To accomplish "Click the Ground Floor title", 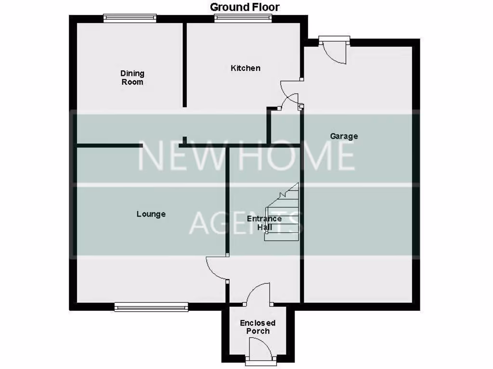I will point(245,7).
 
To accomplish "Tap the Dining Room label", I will point(132,78).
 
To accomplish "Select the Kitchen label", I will point(246,68).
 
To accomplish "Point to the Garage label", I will point(344,136).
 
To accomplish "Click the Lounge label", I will point(151,214).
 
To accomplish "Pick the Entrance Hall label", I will point(264,223).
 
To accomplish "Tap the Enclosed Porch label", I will point(258,327).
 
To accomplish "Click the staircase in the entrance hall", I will point(283,214).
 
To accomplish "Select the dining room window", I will point(130,18).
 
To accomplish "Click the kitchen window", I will point(243,18).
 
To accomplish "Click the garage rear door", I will point(335,50).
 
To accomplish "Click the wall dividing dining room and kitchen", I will point(184,65).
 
